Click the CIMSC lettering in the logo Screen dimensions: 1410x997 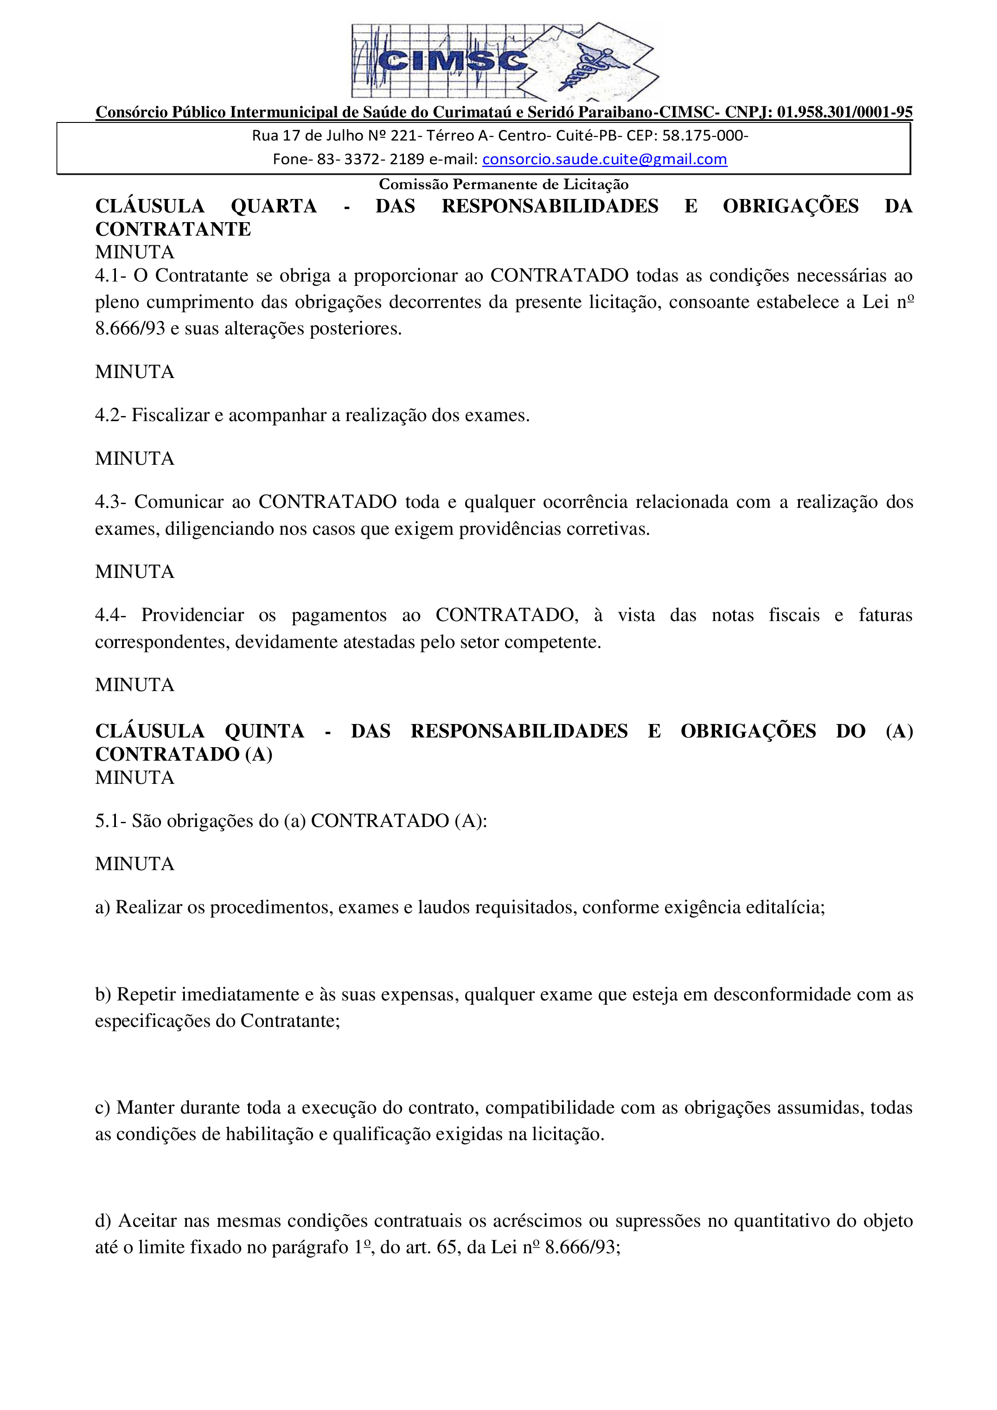tap(453, 61)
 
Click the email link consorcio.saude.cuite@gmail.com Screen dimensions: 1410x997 tap(604, 159)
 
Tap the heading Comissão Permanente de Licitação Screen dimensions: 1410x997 tap(504, 184)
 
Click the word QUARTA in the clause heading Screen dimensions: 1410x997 tap(273, 206)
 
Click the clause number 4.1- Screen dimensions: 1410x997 tap(110, 276)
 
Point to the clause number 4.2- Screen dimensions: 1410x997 tap(110, 416)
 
